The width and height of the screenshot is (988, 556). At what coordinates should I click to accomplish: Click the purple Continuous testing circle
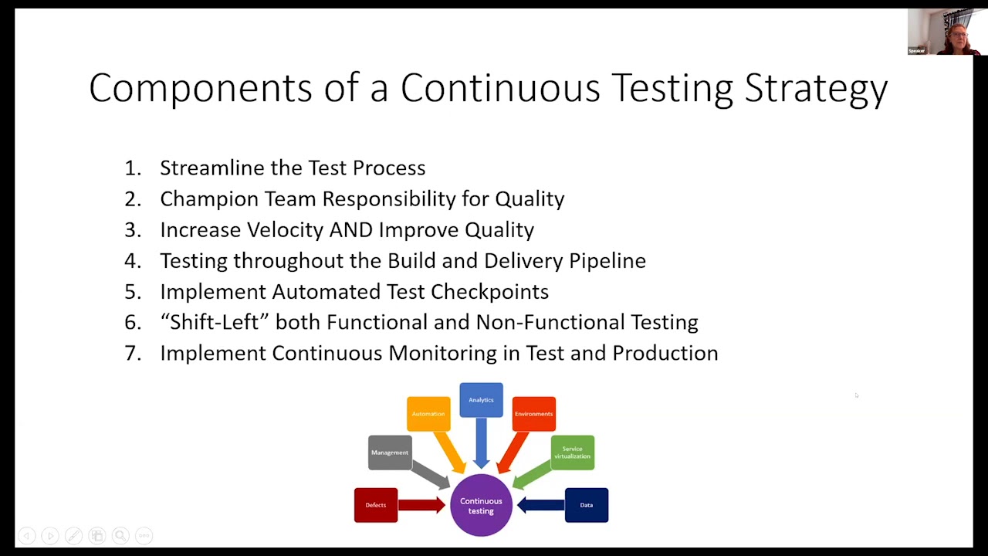pos(481,505)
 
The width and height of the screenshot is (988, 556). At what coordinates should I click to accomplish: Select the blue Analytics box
pos(481,400)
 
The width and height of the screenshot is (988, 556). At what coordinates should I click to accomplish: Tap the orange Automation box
pos(428,414)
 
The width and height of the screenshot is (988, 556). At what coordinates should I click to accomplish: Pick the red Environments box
pos(533,414)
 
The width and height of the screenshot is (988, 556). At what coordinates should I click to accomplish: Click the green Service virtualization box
pos(572,453)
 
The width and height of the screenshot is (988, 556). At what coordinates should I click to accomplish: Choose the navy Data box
pos(587,505)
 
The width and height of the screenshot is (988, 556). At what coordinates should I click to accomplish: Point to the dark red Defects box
pos(376,505)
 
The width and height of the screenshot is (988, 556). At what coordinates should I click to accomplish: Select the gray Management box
pos(390,453)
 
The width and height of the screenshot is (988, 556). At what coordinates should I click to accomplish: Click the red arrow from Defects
pos(421,505)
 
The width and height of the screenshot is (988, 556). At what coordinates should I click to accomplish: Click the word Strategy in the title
pos(816,88)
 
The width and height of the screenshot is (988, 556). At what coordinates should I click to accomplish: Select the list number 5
pos(132,292)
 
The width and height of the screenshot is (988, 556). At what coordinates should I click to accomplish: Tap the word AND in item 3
pos(351,230)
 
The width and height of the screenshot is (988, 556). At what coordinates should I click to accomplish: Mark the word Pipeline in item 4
pos(607,261)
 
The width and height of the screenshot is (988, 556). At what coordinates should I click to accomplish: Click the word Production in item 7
pos(665,353)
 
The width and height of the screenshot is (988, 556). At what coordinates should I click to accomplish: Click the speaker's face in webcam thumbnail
pos(958,34)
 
